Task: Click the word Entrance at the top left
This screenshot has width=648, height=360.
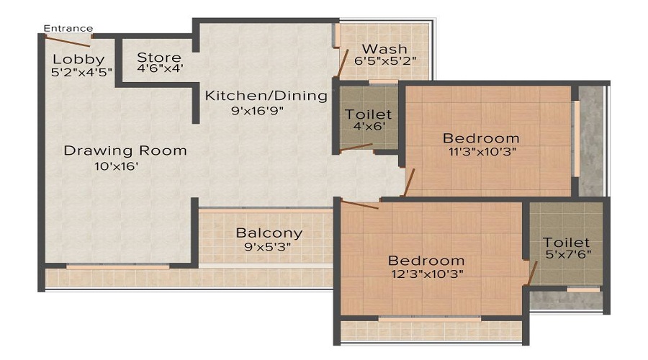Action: pos(68,29)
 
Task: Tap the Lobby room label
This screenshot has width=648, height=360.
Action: pos(78,59)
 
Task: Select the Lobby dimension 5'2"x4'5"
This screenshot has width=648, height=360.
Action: pos(78,71)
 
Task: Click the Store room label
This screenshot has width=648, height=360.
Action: pos(159,58)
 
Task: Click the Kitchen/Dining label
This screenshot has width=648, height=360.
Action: pos(266,96)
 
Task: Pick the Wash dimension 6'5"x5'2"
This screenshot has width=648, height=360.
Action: pos(385,61)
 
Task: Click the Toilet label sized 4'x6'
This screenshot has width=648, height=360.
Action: pos(368,114)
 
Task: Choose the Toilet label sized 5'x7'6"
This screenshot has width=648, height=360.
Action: pos(567,243)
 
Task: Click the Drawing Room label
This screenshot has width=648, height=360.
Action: pos(125,150)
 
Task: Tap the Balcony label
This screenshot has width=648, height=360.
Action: pos(269,233)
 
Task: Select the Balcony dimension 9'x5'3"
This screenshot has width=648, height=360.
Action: pos(269,246)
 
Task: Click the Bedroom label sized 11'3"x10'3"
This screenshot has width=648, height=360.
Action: pos(481,138)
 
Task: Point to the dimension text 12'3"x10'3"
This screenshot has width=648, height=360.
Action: pos(426,274)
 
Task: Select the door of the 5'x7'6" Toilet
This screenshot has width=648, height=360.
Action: pos(532,272)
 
